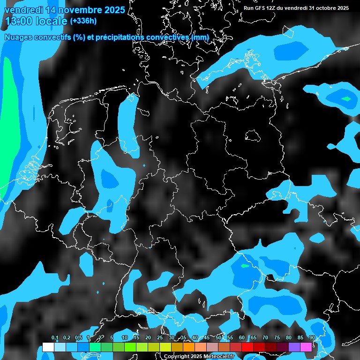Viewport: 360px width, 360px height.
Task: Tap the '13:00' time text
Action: click(x=19, y=21)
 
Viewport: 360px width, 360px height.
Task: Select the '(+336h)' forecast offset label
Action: click(x=84, y=21)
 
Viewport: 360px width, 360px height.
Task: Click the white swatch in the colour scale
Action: click(x=48, y=347)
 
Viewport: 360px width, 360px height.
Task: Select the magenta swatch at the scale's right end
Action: click(x=306, y=347)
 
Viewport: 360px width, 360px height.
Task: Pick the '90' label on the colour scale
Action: click(x=312, y=338)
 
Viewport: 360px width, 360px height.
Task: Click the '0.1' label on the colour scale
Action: click(x=54, y=338)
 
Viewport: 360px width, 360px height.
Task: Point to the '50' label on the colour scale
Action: click(x=218, y=338)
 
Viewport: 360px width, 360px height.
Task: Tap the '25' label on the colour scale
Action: click(x=160, y=338)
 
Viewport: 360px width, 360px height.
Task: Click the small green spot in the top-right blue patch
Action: click(x=346, y=99)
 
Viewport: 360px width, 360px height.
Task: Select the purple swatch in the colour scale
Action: click(x=294, y=347)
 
